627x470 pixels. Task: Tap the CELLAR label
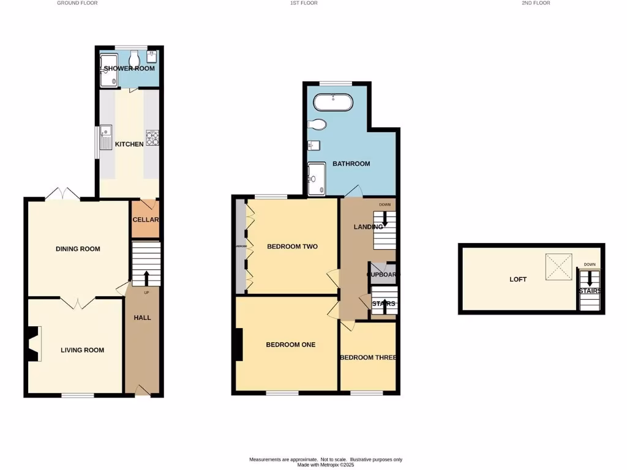(x=146, y=220)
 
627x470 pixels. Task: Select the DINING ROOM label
(x=78, y=249)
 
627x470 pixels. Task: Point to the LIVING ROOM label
(x=82, y=350)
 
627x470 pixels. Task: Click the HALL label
(x=142, y=318)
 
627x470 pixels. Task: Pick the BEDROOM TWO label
(x=292, y=247)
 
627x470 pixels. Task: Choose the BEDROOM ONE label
(x=290, y=345)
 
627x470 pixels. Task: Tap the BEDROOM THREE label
(x=368, y=357)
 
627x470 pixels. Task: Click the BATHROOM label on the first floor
(x=351, y=163)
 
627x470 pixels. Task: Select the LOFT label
(x=518, y=279)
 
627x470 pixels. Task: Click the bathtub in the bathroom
(x=332, y=102)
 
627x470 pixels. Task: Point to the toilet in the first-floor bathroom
(x=318, y=125)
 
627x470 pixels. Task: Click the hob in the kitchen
(x=152, y=138)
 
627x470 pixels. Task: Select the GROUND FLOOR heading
(x=77, y=3)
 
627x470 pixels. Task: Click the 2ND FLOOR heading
(x=536, y=3)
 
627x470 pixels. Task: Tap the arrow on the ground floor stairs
(x=146, y=278)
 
